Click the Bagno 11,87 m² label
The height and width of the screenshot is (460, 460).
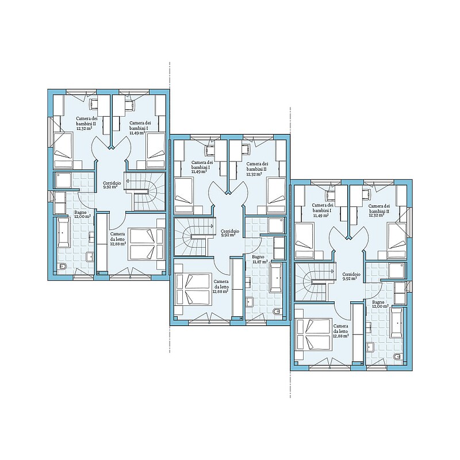tap(260, 259)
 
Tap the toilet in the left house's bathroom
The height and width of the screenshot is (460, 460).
tap(63, 267)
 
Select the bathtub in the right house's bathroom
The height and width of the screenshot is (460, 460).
tap(397, 323)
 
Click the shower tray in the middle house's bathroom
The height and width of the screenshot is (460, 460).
tap(277, 225)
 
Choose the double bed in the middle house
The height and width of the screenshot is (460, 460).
tap(193, 290)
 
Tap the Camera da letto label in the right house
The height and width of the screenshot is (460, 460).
tap(341, 331)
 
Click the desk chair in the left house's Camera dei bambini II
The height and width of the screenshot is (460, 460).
tap(94, 104)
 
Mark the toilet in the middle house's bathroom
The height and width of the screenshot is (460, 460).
tap(277, 311)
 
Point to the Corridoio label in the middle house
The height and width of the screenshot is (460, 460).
tap(229, 233)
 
